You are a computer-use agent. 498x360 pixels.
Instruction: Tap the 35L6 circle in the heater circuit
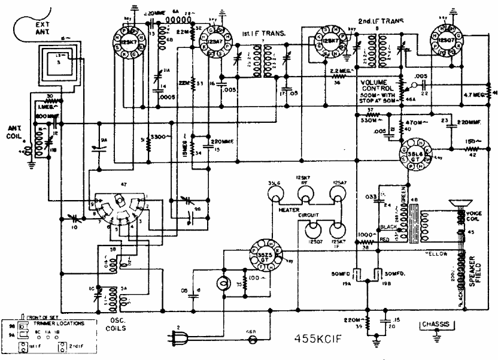coord(275,193)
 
